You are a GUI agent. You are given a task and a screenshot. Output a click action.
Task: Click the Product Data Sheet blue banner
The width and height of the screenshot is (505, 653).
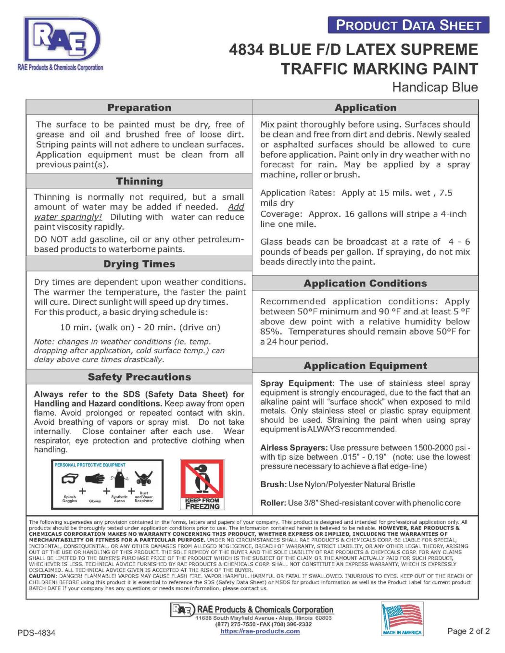pos(408,25)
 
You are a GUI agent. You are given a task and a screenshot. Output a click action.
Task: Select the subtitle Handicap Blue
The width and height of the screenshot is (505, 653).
pos(435,87)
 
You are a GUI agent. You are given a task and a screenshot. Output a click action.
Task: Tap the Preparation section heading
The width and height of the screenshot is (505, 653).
pos(139,108)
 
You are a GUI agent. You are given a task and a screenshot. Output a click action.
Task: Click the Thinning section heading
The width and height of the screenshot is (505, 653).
pos(139,181)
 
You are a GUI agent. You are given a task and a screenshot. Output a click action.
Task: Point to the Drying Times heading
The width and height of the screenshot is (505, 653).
pos(139,264)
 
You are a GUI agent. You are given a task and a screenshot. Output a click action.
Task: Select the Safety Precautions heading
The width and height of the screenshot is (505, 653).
pos(139,377)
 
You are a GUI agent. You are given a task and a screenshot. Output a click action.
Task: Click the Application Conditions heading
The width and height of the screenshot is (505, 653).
pos(365,283)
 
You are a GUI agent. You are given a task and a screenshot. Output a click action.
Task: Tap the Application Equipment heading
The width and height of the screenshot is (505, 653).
pos(365,366)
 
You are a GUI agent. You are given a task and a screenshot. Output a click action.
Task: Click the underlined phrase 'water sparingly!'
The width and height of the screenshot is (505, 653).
pos(68,217)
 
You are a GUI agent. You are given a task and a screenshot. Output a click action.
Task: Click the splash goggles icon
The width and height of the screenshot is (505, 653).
pos(70,479)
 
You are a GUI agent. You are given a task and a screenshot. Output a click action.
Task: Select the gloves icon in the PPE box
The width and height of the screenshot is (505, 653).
pos(95,479)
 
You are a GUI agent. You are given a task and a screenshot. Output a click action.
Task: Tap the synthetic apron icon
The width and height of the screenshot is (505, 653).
pos(119,480)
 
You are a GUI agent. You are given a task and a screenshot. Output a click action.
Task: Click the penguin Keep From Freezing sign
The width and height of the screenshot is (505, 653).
pos(202,484)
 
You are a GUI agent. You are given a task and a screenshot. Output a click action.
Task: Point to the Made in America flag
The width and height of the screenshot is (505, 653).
pos(402,619)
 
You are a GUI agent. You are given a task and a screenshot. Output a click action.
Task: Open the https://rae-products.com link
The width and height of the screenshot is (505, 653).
pos(260,631)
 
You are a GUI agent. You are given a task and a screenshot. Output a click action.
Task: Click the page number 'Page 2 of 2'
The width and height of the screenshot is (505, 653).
pos(468,631)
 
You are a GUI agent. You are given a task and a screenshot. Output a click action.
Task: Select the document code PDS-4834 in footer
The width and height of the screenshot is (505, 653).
pos(36,633)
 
